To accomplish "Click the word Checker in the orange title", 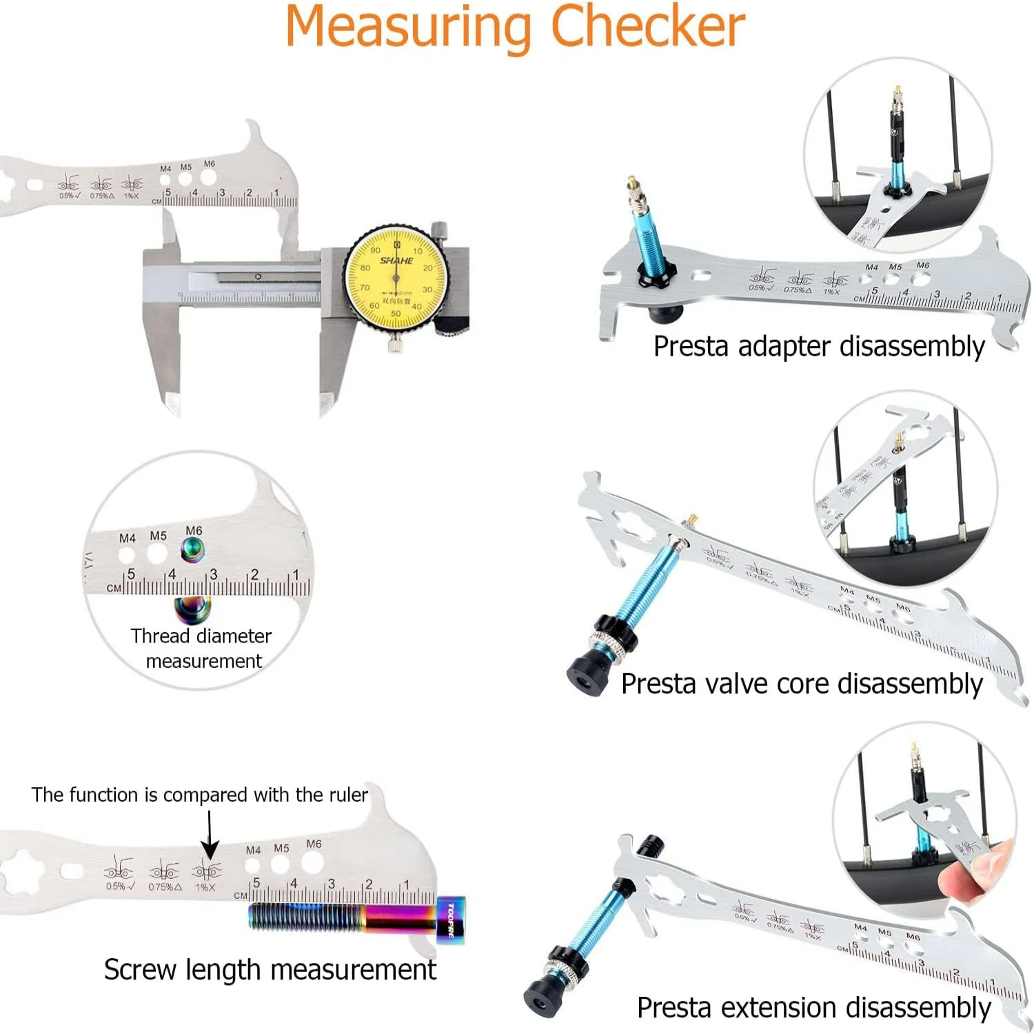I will [647, 28].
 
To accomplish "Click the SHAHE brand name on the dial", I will [396, 261].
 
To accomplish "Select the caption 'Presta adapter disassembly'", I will [818, 347].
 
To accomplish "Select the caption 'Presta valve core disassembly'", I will [801, 684].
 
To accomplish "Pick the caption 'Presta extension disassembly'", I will [813, 1007].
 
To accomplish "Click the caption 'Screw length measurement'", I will [270, 970].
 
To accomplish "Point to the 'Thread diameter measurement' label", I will [202, 648].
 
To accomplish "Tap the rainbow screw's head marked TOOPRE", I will [450, 920].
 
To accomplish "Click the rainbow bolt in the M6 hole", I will [192, 549].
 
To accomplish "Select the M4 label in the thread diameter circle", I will [127, 538].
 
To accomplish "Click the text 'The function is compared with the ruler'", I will [199, 795].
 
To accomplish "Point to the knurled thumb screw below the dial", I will [396, 343].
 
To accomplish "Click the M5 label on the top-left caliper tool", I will [185, 167].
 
